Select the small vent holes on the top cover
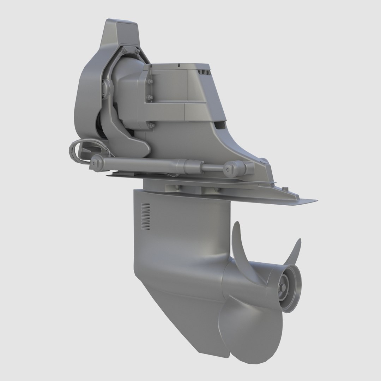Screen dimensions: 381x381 [x=205, y=73]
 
